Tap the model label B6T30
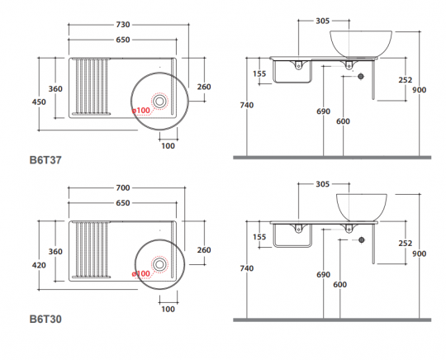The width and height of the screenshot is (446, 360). tap(47, 318)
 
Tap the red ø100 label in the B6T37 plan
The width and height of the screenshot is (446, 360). tap(141, 110)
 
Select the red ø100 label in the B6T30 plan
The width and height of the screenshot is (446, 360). tap(141, 273)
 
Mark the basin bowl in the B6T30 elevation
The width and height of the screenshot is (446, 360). tap(360, 206)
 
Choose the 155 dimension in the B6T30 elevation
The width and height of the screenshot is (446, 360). tap(260, 237)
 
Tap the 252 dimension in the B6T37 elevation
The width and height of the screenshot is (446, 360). tap(405, 80)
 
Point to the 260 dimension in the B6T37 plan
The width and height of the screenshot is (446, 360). tap(204, 87)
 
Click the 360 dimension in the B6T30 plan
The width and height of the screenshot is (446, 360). tap(55, 251)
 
